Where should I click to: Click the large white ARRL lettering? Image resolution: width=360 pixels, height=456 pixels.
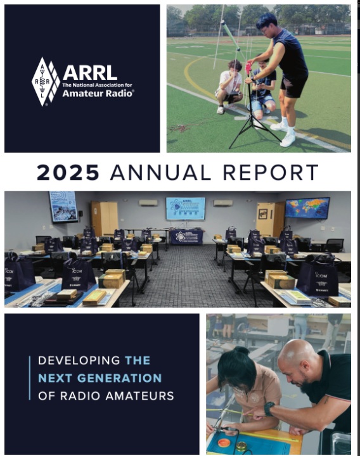[89, 72]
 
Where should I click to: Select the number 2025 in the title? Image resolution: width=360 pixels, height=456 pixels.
[68, 172]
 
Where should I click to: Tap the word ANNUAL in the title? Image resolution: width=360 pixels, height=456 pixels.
[160, 172]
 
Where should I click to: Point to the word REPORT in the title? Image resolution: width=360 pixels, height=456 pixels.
[271, 172]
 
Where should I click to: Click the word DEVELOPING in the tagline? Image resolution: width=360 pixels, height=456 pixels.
[79, 360]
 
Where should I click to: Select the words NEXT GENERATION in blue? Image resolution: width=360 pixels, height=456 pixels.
[100, 378]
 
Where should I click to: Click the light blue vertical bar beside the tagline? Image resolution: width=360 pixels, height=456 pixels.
[30, 377]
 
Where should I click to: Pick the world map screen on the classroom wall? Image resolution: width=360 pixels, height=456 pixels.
[307, 208]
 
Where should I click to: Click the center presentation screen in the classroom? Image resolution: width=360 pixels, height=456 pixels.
[185, 208]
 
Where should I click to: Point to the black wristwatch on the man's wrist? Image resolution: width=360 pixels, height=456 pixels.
[269, 409]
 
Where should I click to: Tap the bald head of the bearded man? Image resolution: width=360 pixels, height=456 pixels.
[295, 353]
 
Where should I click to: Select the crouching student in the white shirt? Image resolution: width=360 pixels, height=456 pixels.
[229, 86]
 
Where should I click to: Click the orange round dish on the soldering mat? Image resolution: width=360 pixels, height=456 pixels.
[224, 443]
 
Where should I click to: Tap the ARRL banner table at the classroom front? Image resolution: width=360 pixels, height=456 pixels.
[186, 237]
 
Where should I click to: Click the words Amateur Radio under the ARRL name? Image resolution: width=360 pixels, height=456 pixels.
[98, 93]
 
